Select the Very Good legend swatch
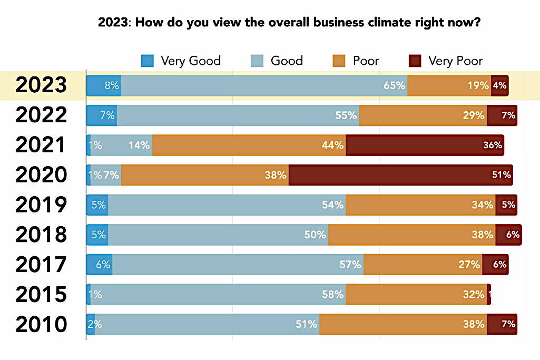pyautogui.click(x=148, y=61)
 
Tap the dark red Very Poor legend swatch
pyautogui.click(x=415, y=61)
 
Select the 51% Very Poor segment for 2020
pyautogui.click(x=400, y=175)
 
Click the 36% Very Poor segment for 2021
pyautogui.click(x=425, y=145)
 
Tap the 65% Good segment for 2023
pyautogui.click(x=264, y=85)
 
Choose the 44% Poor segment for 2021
pyautogui.click(x=249, y=145)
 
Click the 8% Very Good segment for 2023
pyautogui.click(x=104, y=85)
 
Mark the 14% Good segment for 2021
pyautogui.click(x=121, y=145)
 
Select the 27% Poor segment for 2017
pyautogui.click(x=423, y=265)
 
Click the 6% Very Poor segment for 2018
pyautogui.click(x=508, y=235)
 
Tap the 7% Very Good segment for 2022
pyautogui.click(x=102, y=115)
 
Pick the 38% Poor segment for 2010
pyautogui.click(x=402, y=325)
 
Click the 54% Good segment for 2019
pyautogui.click(x=227, y=205)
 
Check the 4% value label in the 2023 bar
pyautogui.click(x=500, y=85)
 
